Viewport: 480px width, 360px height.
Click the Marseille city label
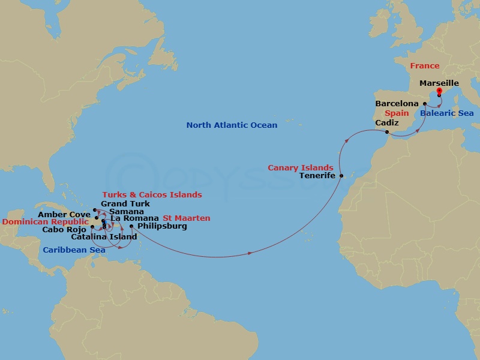[x=439, y=83]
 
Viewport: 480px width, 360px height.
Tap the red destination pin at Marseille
[x=439, y=92]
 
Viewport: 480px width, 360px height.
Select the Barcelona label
[x=398, y=104]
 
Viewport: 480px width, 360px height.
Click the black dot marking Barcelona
[x=425, y=104]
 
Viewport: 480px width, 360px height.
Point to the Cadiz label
[x=387, y=122]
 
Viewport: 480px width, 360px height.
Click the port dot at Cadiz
[x=387, y=132]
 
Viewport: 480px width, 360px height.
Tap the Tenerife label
[x=317, y=176]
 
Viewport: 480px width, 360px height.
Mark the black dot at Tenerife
[x=341, y=176]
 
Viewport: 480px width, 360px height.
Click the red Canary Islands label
[x=301, y=167]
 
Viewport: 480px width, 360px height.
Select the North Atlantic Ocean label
[x=232, y=125]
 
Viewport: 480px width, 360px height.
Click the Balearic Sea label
[x=446, y=113]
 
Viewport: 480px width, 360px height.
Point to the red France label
[x=424, y=66]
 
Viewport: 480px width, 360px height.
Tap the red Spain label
[x=397, y=113]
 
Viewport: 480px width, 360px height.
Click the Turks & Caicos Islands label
[x=152, y=195]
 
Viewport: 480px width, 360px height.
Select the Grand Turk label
[x=125, y=204]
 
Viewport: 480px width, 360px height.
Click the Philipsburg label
[x=162, y=226]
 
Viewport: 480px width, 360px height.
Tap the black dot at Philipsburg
[x=131, y=226]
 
